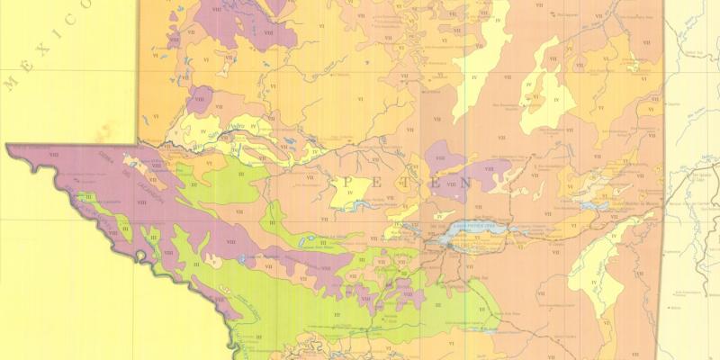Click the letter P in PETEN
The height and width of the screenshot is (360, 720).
click(x=346, y=184)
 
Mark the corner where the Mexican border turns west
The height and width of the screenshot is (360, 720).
click(x=138, y=143)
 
